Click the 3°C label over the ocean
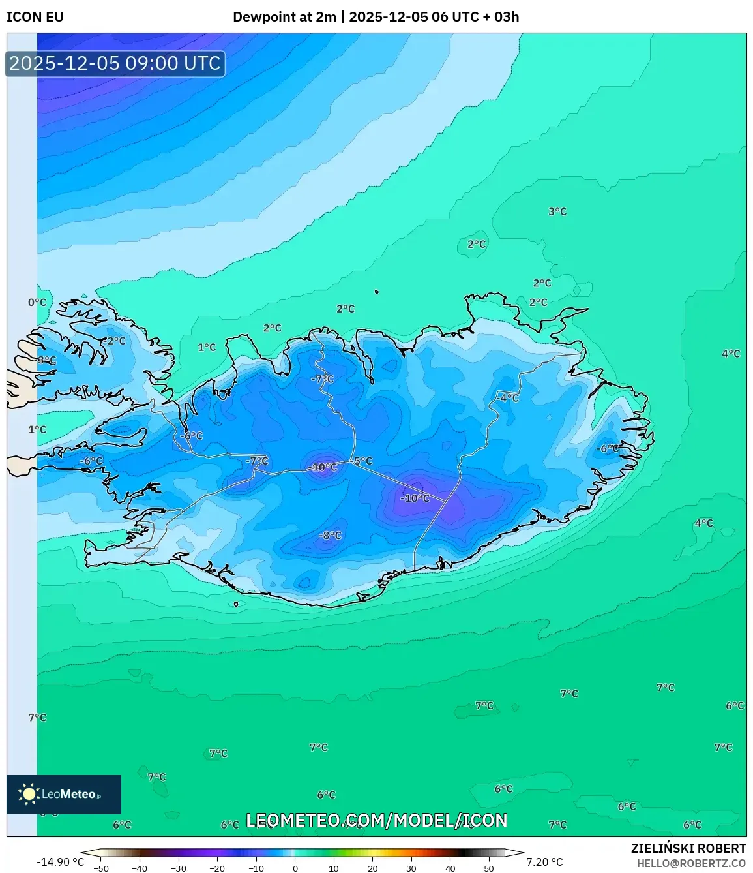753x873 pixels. coord(557,211)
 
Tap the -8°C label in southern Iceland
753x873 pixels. coord(330,536)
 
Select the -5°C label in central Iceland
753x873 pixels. coord(362,461)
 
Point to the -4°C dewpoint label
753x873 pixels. coord(507,398)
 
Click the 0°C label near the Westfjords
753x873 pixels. coord(37,303)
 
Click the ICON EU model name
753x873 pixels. coord(35,17)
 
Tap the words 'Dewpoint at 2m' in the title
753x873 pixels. coord(284,17)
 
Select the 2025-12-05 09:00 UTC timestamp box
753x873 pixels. coord(115,64)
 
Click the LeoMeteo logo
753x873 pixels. coord(64,794)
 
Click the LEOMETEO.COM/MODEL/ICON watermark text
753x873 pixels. coord(376,820)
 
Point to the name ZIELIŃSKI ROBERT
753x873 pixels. coord(688,848)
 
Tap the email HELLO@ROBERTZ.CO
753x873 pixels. coord(691,863)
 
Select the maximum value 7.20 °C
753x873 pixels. coord(544,862)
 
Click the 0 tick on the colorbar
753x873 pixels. coord(295,868)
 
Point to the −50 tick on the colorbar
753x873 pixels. coord(101,868)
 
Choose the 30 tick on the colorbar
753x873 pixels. coord(411,868)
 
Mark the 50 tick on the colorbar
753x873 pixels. coord(489,868)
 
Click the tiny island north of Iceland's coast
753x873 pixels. coord(377,292)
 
